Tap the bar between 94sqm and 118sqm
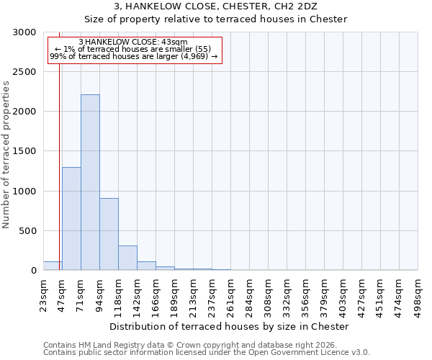coord(109,234)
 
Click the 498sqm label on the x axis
coord(418,294)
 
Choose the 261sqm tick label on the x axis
coord(231,294)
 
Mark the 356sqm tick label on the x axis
coord(306,294)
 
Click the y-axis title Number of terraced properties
coord(6,155)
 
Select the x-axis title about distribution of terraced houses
coord(230,326)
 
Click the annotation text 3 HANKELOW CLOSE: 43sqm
coord(133,42)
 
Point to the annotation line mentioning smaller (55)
coord(133,49)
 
